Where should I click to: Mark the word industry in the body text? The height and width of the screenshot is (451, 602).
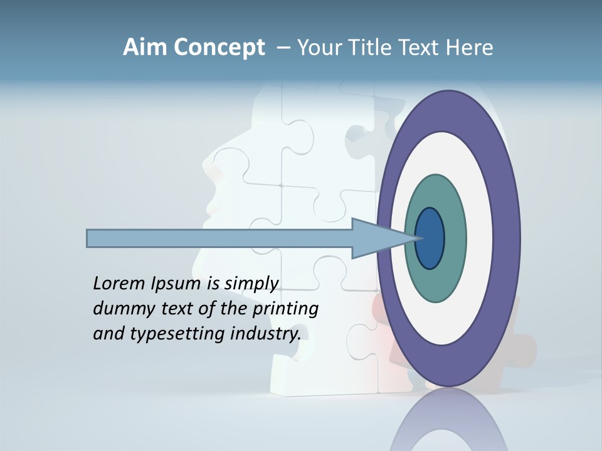coord(265,334)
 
